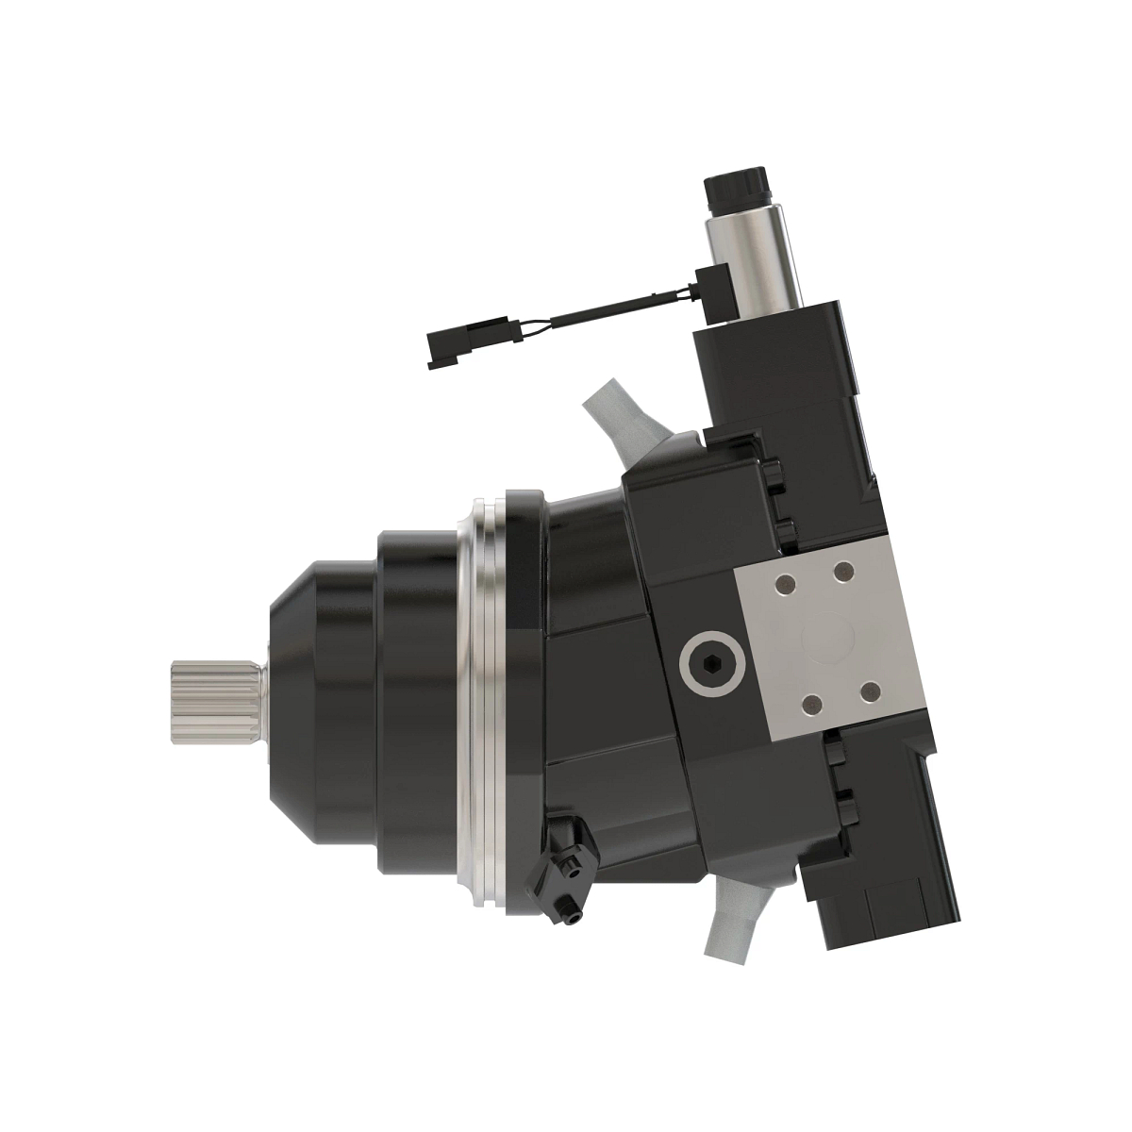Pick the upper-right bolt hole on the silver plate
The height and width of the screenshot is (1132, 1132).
coord(843,572)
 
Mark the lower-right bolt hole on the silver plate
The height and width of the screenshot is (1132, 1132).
coord(871,693)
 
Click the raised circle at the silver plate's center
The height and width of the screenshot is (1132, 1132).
coord(826,640)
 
